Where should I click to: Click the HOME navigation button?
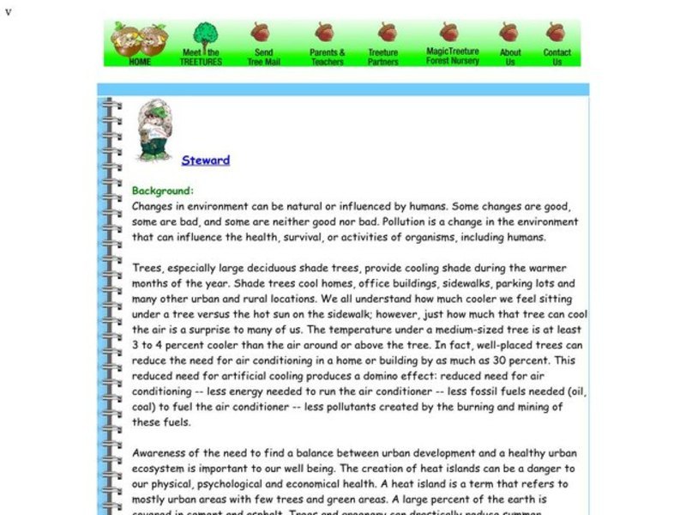pos(140,62)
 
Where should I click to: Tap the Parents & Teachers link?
pos(327,57)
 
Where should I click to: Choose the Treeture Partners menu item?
pos(383,57)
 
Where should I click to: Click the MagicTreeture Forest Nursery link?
pos(448,56)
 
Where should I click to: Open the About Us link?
pos(510,57)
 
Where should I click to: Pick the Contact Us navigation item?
pos(557,57)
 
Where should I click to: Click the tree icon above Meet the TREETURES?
pos(204,35)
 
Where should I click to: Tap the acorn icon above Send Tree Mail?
pos(262,33)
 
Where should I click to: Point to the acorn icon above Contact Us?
pos(556,33)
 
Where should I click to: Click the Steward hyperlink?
pos(206,160)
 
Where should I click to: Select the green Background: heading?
pos(163,191)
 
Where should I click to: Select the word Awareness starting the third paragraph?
pos(162,453)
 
